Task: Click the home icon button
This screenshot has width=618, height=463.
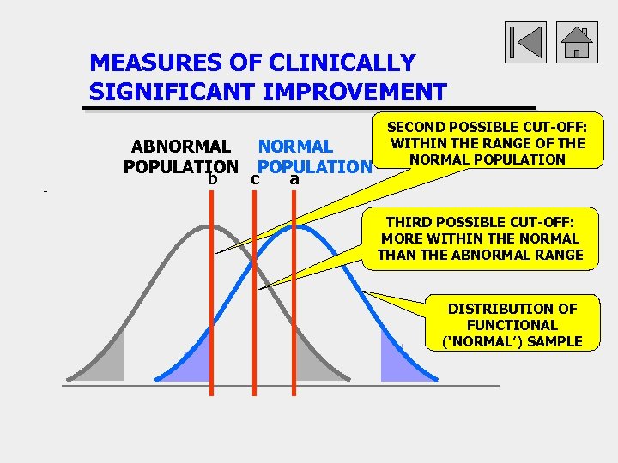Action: click(x=577, y=41)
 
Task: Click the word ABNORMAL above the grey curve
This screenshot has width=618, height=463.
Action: click(x=180, y=147)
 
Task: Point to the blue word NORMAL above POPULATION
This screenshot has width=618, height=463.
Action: click(x=295, y=147)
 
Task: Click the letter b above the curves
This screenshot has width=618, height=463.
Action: click(x=211, y=179)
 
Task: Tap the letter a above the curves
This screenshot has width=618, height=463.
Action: click(x=294, y=179)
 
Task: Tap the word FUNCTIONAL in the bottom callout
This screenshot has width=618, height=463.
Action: click(x=512, y=325)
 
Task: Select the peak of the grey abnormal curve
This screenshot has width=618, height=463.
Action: click(x=209, y=225)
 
